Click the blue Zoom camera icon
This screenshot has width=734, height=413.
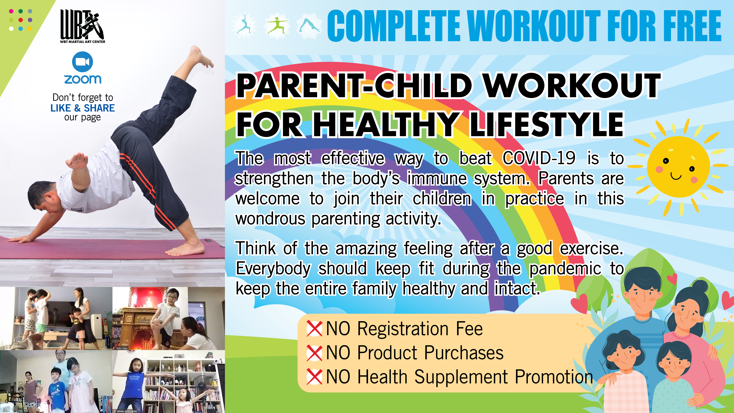click(82, 62)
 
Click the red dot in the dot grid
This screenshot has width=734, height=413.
click(21, 20)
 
